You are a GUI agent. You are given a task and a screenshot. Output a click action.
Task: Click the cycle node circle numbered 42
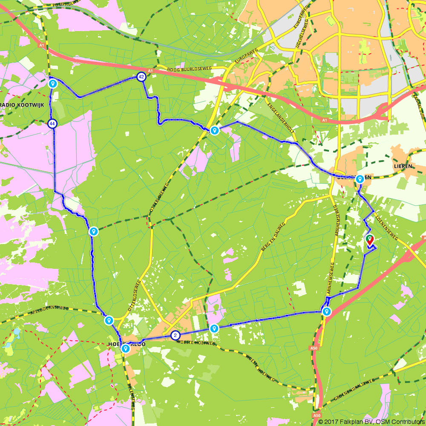[141, 77]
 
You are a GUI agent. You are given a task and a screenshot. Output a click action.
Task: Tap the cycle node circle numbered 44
[52, 124]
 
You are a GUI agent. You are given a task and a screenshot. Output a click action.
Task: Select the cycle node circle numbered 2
[175, 335]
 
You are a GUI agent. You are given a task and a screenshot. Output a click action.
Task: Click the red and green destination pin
[370, 240]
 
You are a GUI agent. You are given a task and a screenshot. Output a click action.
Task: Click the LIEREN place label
[403, 166]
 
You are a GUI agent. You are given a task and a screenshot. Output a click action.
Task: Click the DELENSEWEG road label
[132, 397]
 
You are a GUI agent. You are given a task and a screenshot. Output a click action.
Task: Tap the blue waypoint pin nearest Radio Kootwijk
[53, 83]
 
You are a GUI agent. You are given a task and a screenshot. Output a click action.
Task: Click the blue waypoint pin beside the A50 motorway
[326, 311]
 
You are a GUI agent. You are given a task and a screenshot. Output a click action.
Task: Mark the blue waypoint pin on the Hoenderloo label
[125, 348]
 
